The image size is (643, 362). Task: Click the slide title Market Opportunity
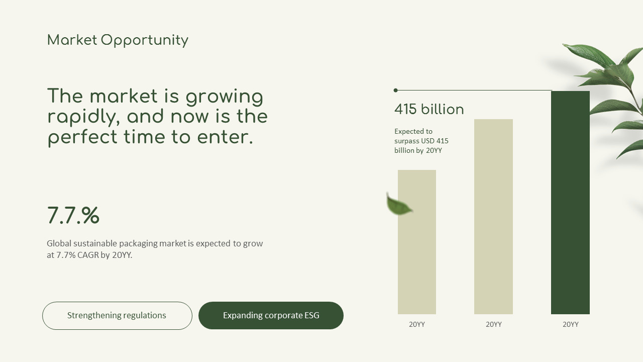coord(118,40)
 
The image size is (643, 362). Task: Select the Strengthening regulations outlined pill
coord(117,315)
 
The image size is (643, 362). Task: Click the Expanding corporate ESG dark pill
coord(271,315)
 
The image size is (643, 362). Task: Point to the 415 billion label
coord(429,109)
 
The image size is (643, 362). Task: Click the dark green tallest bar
coord(570,203)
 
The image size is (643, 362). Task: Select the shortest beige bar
coord(417,242)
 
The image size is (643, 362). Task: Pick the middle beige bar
coord(493,217)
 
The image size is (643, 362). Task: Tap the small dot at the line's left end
coord(395,90)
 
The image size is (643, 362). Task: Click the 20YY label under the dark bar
coord(570,324)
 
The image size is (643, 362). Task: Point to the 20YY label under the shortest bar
coord(417,324)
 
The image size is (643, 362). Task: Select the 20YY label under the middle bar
coord(493,324)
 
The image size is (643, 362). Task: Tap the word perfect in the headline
coord(82,137)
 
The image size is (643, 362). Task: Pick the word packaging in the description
coord(138,244)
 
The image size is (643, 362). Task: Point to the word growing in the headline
coord(224,97)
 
